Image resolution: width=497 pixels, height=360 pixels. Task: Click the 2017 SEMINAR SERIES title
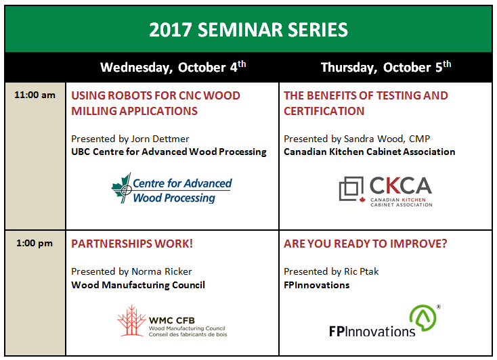tap(248, 30)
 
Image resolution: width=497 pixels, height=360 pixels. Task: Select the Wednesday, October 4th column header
tap(173, 67)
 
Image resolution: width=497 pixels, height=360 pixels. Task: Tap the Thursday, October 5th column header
tap(386, 67)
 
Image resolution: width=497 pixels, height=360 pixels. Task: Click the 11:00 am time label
tap(35, 95)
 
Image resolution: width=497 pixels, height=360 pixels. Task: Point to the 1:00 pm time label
tap(35, 244)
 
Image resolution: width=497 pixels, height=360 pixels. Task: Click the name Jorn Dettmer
tap(160, 139)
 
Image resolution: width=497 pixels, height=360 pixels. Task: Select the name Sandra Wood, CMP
tap(387, 139)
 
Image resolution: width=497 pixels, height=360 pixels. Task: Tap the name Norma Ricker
tap(162, 271)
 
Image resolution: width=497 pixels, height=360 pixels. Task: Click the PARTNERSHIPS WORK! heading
tap(132, 244)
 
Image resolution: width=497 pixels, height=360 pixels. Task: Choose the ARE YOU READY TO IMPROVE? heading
tap(365, 244)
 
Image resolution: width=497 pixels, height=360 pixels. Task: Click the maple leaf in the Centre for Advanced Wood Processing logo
tap(122, 188)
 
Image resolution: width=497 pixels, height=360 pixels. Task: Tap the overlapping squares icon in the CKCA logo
tap(351, 189)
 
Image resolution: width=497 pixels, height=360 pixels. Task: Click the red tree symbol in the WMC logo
tap(131, 320)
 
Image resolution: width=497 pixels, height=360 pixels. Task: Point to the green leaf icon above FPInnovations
tap(423, 318)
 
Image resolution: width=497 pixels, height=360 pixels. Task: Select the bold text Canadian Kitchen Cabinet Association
tap(369, 152)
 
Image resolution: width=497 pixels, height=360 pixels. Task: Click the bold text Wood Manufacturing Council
tap(138, 285)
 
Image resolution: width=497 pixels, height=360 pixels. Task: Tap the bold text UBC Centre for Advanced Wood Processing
tap(169, 152)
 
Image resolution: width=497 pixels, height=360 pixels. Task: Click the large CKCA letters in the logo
tap(401, 185)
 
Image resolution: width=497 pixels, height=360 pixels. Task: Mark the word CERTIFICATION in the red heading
tap(324, 111)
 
